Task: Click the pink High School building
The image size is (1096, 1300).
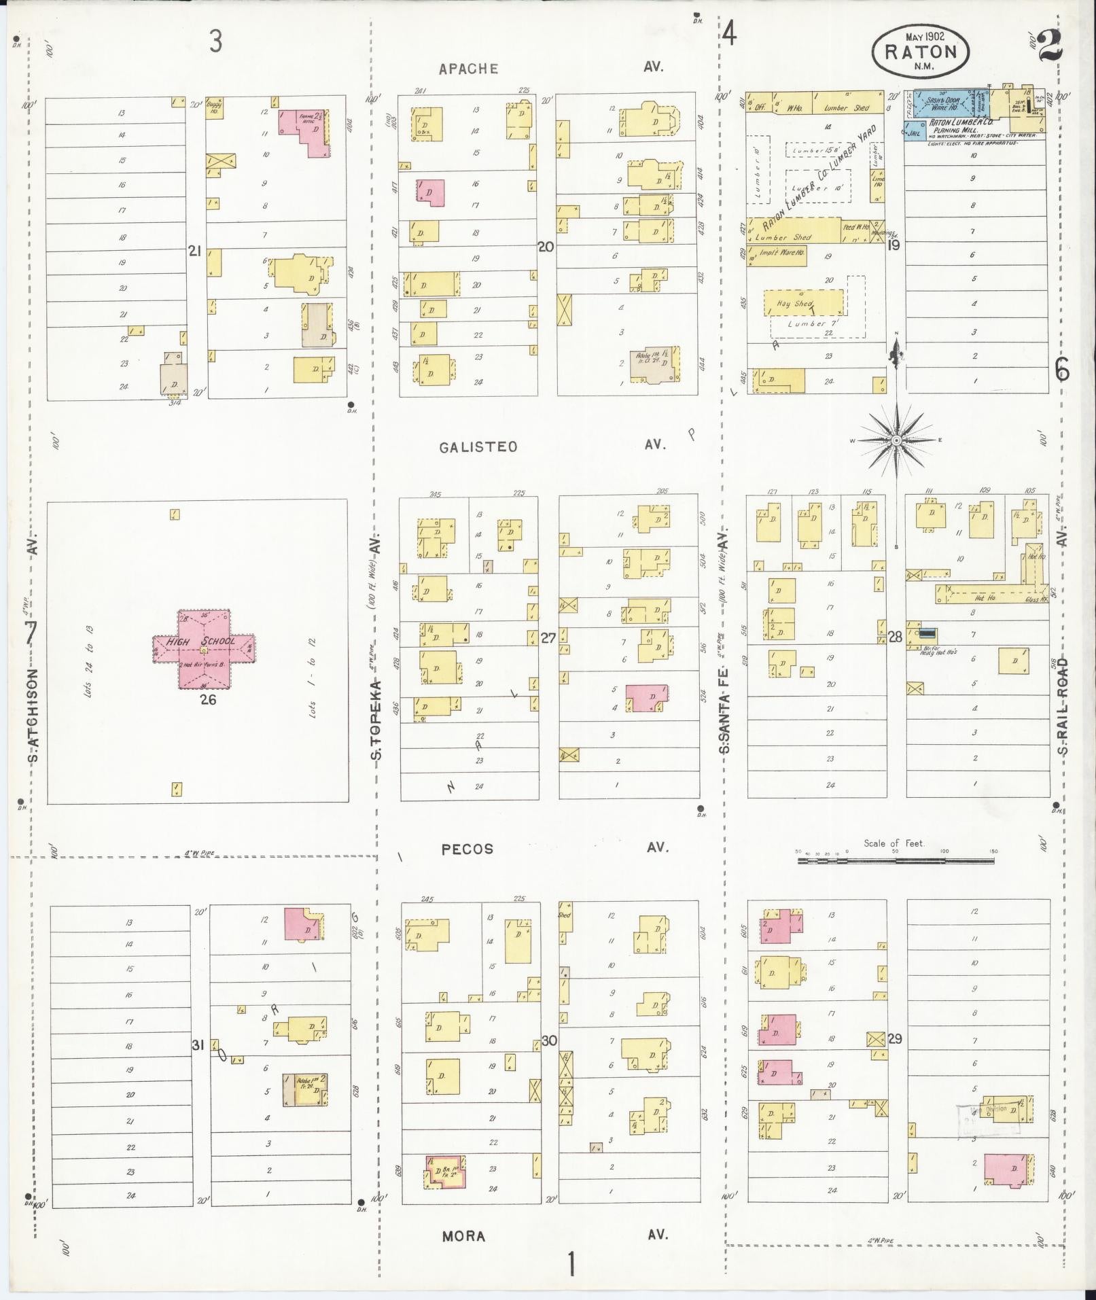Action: (x=204, y=649)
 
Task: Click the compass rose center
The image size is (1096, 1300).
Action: (x=896, y=440)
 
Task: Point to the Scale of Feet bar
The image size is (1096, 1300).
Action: (x=896, y=860)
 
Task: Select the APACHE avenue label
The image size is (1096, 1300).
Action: (x=468, y=69)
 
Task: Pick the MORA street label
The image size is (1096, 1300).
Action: (x=463, y=1235)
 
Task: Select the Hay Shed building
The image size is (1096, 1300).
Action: (x=804, y=303)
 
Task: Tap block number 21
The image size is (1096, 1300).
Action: (x=195, y=251)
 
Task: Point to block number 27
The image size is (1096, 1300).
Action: (x=548, y=638)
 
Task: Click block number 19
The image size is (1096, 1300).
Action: (x=894, y=245)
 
